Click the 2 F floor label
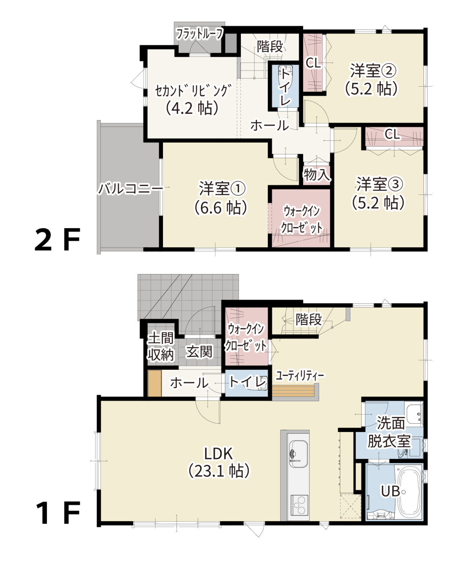tap(57, 239)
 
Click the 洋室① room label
tap(222, 188)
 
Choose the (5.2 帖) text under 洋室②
tap(371, 89)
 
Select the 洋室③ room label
tap(380, 184)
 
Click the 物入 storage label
tap(317, 175)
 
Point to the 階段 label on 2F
tap(270, 46)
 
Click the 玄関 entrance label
tap(199, 352)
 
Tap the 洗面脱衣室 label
tap(390, 432)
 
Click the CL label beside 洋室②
tap(313, 63)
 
